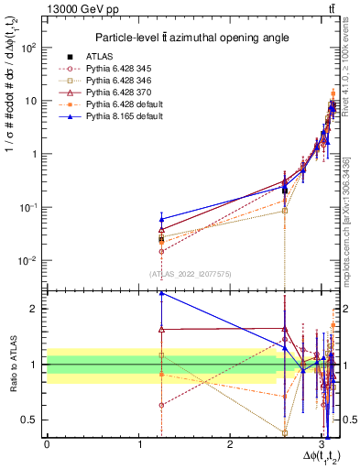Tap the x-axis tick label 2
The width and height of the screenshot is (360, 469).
230,444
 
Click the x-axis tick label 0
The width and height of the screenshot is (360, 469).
47,444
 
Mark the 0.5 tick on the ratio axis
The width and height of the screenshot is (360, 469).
31,420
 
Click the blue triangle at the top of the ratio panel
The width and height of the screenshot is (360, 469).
161,293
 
